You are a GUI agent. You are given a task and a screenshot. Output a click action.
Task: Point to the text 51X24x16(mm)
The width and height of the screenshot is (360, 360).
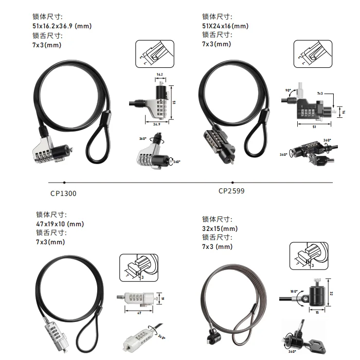225,26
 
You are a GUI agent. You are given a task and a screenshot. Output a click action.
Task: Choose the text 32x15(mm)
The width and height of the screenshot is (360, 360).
220,228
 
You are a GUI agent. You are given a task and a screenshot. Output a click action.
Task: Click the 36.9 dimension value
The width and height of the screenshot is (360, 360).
155,124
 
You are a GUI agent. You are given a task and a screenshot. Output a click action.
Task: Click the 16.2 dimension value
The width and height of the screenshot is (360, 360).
159,75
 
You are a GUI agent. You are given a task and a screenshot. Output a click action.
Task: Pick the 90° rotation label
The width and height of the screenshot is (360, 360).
289,91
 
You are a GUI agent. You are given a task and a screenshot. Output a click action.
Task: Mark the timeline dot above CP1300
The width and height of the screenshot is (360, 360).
64,182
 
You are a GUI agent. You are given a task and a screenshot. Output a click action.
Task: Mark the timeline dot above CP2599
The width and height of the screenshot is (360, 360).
232,182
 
